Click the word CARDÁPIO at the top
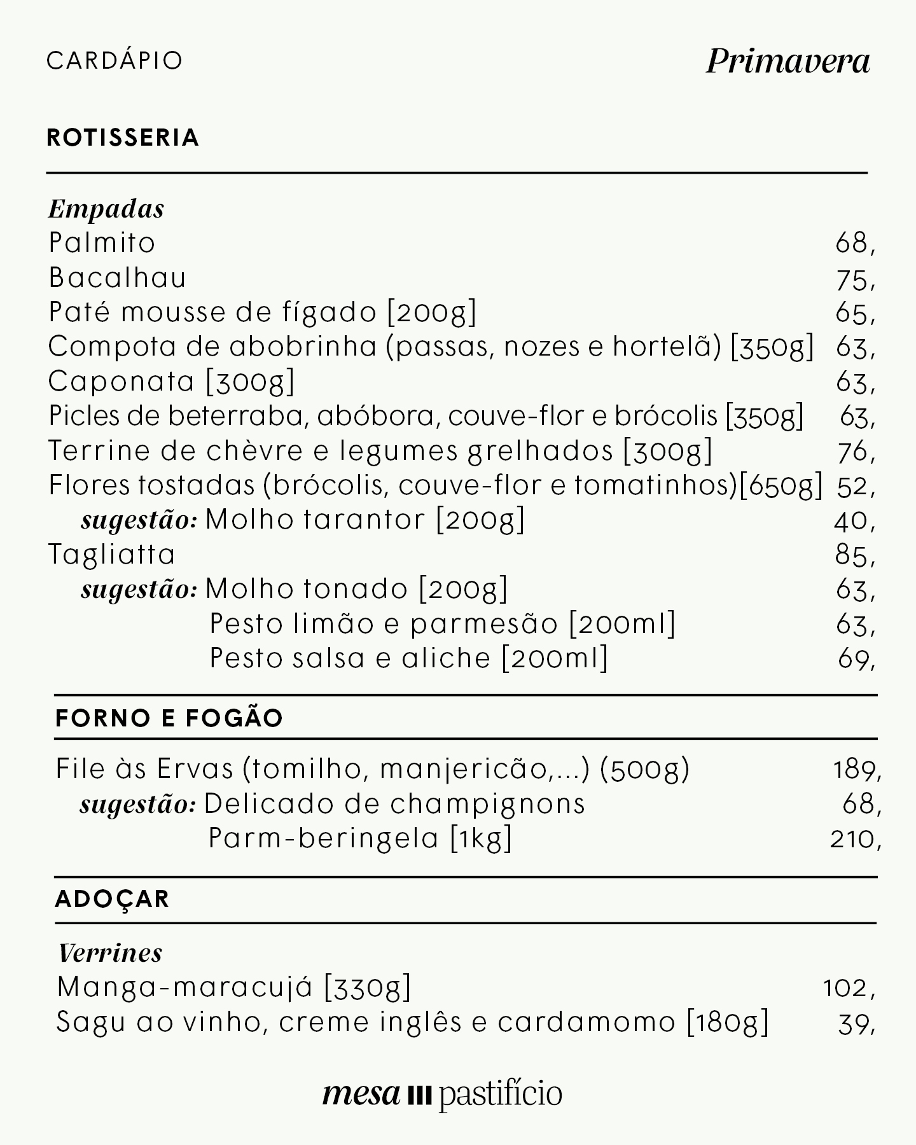pos(114,60)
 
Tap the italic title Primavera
pos(788,62)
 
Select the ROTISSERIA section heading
pos(123,137)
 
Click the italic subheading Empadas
pos(106,209)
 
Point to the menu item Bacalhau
pos(118,278)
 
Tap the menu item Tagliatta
pos(112,555)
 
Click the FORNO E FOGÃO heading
pos(169,718)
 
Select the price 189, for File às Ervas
pos(857,770)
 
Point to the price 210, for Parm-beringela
pos(856,840)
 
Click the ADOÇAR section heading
pos(113,899)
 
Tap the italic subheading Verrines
pos(110,953)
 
